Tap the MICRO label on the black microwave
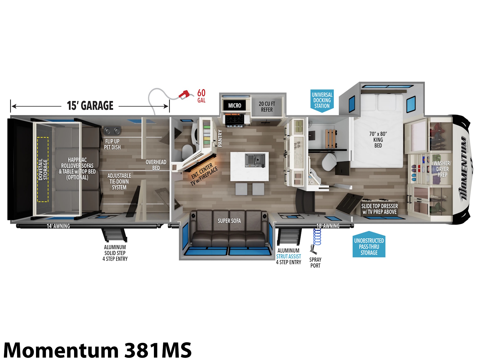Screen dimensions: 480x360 pyautogui.click(x=234, y=106)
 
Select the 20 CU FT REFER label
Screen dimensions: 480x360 pyautogui.click(x=267, y=107)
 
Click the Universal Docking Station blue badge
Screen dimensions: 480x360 pyautogui.click(x=322, y=101)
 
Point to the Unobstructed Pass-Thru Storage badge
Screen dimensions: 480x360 pyautogui.click(x=369, y=244)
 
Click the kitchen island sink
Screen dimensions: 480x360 pyautogui.click(x=255, y=160)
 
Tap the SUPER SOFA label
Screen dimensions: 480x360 pyautogui.click(x=229, y=221)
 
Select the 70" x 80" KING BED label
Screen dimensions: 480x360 pyautogui.click(x=378, y=140)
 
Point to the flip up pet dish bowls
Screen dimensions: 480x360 pyautogui.click(x=112, y=131)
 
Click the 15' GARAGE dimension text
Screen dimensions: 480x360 pyautogui.click(x=90, y=106)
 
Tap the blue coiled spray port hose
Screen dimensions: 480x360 pyautogui.click(x=317, y=237)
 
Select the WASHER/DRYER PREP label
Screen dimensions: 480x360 pyautogui.click(x=442, y=169)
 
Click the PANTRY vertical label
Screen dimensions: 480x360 pyautogui.click(x=220, y=138)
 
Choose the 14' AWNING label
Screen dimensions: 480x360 pyautogui.click(x=58, y=226)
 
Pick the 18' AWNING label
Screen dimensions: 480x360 pyautogui.click(x=328, y=226)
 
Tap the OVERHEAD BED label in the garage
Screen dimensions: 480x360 pyautogui.click(x=156, y=165)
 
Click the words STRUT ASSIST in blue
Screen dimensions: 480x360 pyautogui.click(x=288, y=256)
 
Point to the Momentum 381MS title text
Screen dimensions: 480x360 pyautogui.click(x=97, y=350)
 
